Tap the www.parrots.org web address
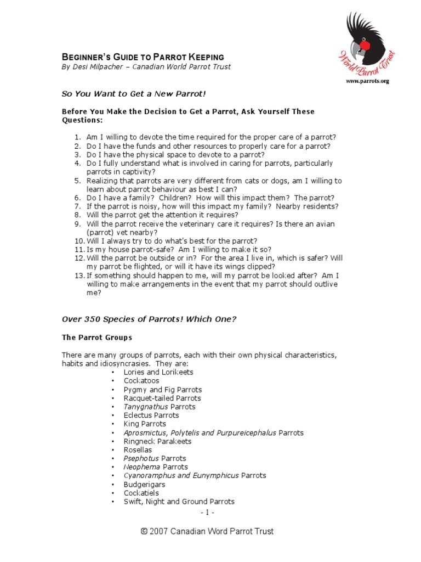[367, 81]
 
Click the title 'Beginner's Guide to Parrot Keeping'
[143, 57]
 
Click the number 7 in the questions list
[77, 206]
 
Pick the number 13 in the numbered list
[78, 276]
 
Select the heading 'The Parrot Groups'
[96, 337]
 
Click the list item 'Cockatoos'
[141, 381]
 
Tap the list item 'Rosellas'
[138, 450]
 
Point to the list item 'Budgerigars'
[144, 485]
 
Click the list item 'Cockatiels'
[141, 493]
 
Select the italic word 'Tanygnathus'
[146, 407]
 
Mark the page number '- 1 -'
[207, 513]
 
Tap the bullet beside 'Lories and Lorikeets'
[112, 373]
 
